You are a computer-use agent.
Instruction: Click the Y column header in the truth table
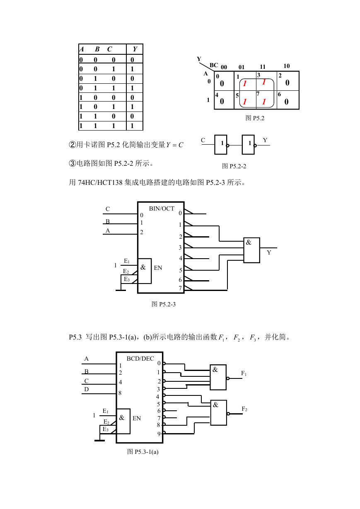(x=135, y=49)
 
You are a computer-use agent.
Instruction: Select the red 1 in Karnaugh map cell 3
(x=264, y=82)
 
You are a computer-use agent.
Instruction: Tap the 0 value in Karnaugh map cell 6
(x=286, y=102)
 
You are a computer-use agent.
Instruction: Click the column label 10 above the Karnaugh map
(x=286, y=66)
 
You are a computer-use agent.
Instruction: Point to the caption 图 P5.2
(x=255, y=118)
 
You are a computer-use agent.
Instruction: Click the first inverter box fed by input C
(x=220, y=145)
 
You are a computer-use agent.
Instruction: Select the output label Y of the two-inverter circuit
(x=265, y=140)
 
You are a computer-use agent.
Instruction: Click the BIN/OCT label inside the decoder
(x=162, y=208)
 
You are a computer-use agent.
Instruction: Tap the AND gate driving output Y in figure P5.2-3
(x=251, y=250)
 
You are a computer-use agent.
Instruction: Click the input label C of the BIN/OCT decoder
(x=108, y=209)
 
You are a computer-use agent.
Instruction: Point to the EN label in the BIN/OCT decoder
(x=158, y=268)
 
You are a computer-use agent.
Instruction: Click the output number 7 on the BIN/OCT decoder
(x=180, y=288)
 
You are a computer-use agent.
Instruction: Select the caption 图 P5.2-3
(x=164, y=304)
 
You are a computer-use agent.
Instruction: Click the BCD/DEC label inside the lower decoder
(x=140, y=359)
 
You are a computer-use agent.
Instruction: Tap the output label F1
(x=244, y=373)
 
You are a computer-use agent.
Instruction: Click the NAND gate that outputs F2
(x=218, y=413)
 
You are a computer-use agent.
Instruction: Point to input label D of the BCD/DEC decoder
(x=86, y=389)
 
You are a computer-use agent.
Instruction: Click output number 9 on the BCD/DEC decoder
(x=159, y=434)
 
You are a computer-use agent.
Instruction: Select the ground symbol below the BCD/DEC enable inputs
(x=99, y=441)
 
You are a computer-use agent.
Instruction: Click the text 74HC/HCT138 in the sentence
(x=100, y=182)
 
